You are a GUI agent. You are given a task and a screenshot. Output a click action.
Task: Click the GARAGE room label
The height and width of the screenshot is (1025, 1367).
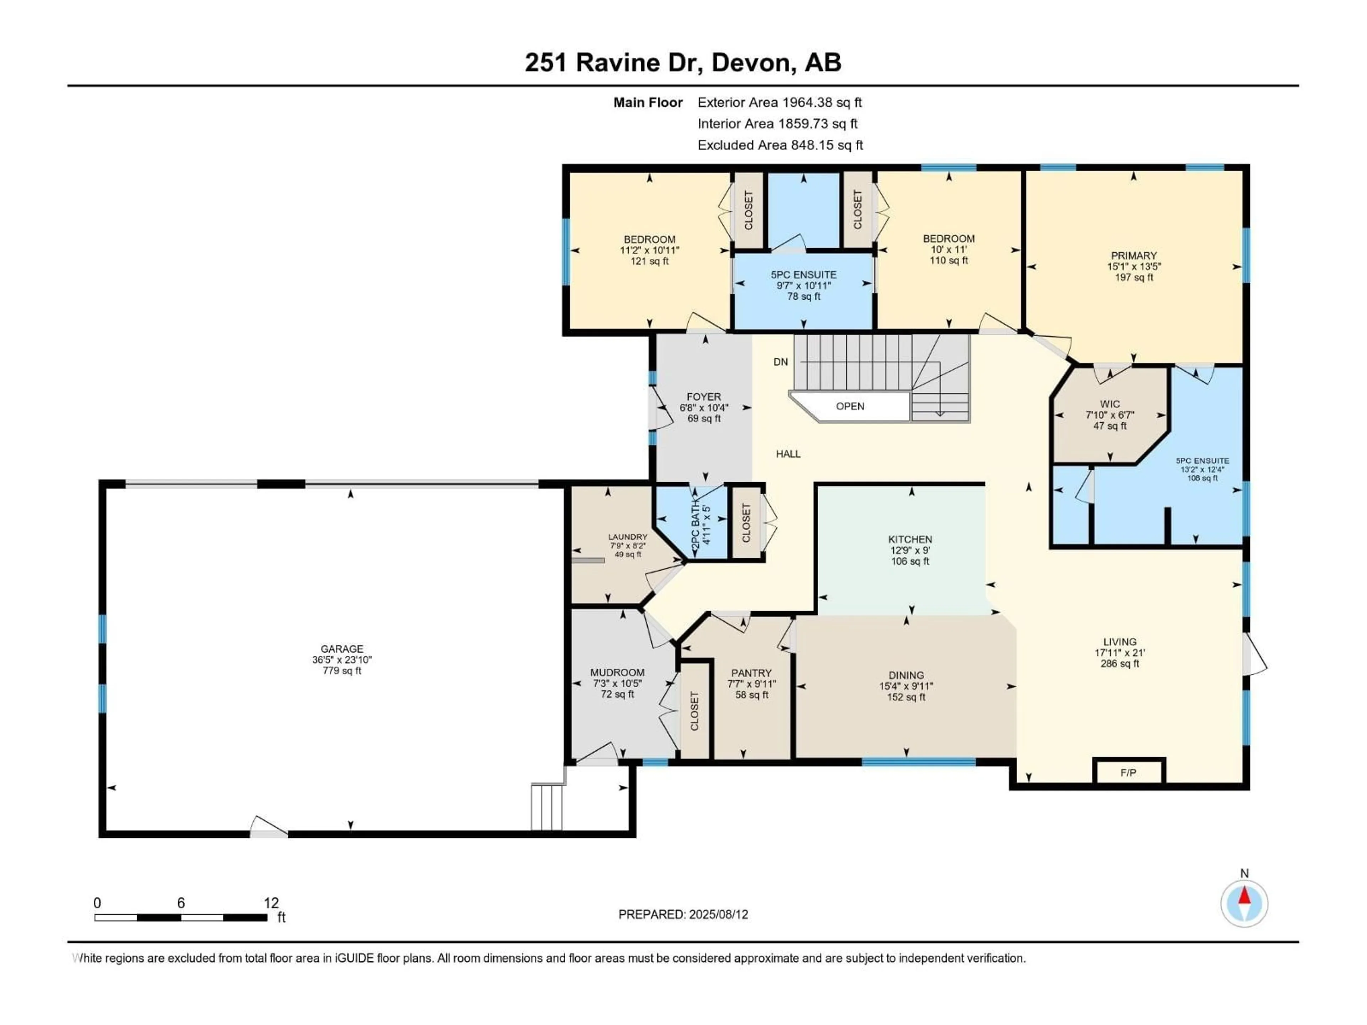[342, 649]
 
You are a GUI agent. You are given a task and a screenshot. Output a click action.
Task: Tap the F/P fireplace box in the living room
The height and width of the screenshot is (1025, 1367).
[1128, 772]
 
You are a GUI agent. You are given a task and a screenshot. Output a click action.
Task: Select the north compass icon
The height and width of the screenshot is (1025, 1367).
[1245, 903]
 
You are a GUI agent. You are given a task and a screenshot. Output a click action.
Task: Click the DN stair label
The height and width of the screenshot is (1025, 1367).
[781, 362]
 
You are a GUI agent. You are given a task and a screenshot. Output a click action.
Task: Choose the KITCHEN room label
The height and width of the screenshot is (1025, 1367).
[910, 540]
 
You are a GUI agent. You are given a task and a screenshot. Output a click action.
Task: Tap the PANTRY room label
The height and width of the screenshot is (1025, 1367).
[751, 673]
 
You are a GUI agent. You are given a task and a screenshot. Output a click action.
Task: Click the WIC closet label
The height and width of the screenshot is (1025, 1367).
[1110, 404]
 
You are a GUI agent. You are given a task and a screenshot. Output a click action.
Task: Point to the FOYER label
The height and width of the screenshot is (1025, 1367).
[704, 397]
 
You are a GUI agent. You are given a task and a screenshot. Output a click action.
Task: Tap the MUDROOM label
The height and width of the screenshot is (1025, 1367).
[617, 672]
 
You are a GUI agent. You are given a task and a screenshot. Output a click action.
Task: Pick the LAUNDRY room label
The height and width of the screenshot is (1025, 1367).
[628, 537]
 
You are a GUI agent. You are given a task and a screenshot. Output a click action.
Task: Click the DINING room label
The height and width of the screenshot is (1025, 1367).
[907, 675]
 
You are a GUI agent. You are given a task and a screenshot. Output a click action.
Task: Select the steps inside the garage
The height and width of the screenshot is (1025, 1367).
[548, 806]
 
